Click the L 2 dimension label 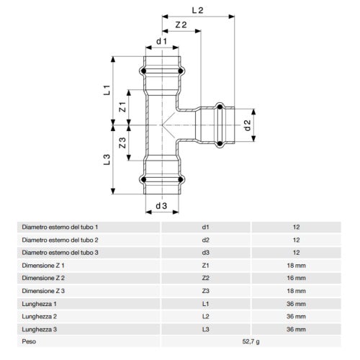coord(197,10)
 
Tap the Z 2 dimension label coord(181,24)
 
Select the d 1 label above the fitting coord(161,41)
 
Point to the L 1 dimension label coord(107,90)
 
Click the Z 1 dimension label coord(122,107)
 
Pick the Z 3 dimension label coord(122,143)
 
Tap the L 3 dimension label coord(107,159)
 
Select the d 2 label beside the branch coord(247,125)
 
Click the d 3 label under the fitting coord(161,206)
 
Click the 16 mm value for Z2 coord(296,278)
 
